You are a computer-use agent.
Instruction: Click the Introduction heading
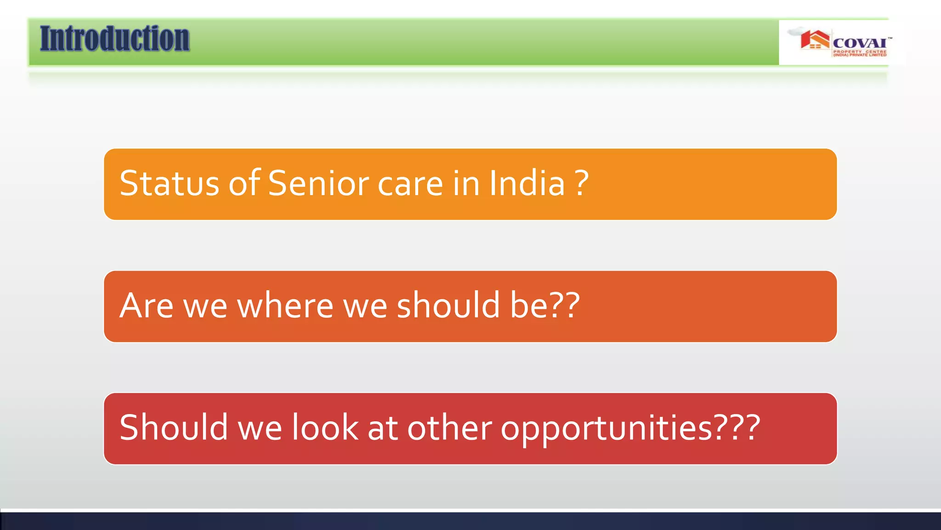click(114, 39)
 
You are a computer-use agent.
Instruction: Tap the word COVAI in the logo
click(860, 43)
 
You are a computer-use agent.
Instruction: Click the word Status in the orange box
click(169, 184)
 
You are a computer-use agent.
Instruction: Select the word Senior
click(318, 184)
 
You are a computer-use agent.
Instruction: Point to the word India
click(527, 184)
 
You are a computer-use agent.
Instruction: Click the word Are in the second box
click(146, 305)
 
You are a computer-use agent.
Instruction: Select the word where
click(285, 305)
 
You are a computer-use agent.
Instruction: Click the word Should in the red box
click(174, 427)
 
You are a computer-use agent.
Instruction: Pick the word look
click(325, 427)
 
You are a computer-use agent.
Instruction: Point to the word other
click(449, 427)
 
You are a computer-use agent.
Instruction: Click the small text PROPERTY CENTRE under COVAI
click(860, 52)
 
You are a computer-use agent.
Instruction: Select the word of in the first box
click(245, 184)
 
